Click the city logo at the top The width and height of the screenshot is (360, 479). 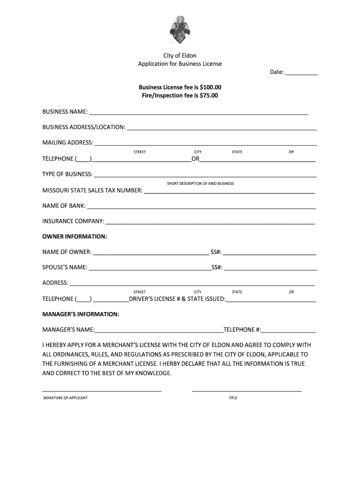coord(180,30)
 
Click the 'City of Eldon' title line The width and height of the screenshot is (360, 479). coord(180,55)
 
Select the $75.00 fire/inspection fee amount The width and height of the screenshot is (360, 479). coord(209,95)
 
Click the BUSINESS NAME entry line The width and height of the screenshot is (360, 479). coord(198,113)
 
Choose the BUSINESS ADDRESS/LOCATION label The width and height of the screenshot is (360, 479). coord(84,127)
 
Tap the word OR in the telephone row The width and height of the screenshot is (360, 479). coord(195,159)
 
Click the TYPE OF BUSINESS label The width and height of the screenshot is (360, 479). coord(67,174)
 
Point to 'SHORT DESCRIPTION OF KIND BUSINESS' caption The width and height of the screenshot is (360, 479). coord(200,183)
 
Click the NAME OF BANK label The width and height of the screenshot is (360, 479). coord(64,206)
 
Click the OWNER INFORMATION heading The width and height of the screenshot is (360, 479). coord(75,236)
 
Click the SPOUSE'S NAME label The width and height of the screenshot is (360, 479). coord(65,268)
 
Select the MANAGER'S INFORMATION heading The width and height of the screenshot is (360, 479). coord(81,314)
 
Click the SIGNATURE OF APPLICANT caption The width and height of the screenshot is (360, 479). coord(65,398)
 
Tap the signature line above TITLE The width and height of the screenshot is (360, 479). coord(247,390)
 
